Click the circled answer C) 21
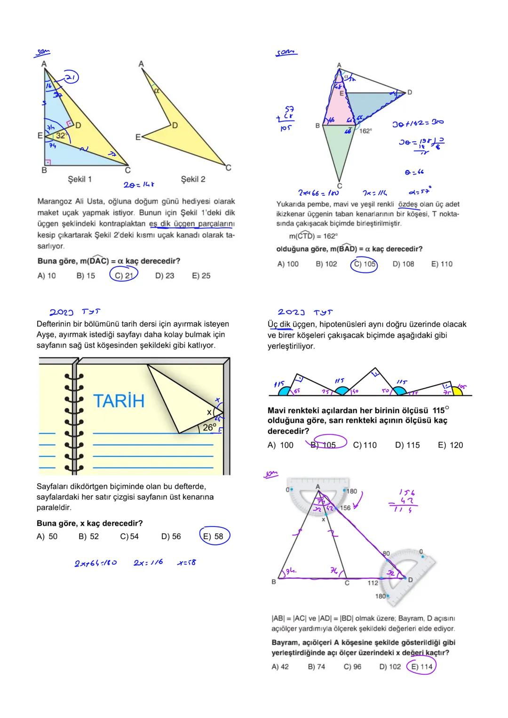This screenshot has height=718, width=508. [124, 275]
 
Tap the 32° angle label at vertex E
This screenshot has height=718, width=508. [61, 136]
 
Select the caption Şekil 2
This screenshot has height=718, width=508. [193, 179]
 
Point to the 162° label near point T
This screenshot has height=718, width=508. [365, 131]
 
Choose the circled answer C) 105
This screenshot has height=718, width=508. [365, 264]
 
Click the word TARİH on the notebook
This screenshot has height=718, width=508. [119, 401]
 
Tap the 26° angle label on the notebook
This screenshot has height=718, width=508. [209, 427]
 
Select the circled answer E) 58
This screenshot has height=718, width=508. [214, 536]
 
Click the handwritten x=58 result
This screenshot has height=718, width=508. [187, 563]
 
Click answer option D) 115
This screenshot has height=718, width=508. [407, 445]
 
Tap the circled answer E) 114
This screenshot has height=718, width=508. [421, 667]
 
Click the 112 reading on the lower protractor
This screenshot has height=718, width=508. [373, 583]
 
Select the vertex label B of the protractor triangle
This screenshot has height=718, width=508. [274, 582]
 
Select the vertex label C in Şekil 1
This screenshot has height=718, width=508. [127, 170]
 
